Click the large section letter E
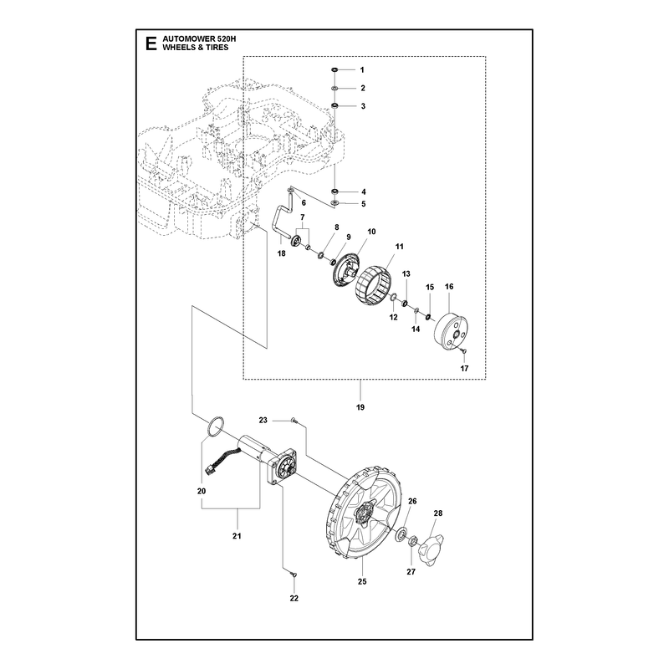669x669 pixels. pos(151,43)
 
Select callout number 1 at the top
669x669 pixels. pos(362,70)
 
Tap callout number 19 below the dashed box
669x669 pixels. pos(360,407)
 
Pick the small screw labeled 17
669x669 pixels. pos(464,351)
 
